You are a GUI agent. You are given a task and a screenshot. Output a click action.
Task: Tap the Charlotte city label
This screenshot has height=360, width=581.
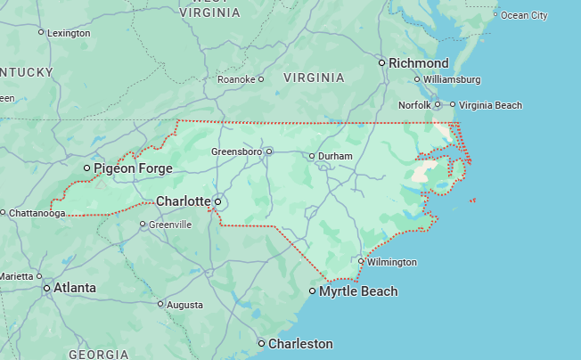[x=183, y=201]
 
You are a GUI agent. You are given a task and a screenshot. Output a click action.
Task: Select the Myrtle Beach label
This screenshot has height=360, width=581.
[x=358, y=291]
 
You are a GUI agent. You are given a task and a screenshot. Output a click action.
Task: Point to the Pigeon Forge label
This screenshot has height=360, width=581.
[x=134, y=168]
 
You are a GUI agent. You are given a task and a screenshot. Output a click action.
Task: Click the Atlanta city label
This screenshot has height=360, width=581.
[x=75, y=288]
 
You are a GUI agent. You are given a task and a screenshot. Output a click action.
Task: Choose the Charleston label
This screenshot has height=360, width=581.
[x=300, y=343]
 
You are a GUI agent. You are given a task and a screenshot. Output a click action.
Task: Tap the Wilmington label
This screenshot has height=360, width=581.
[x=391, y=262]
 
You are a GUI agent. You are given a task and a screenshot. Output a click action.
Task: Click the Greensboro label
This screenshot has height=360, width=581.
[x=236, y=151]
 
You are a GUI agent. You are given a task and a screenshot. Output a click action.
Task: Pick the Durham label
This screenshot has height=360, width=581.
[x=335, y=157]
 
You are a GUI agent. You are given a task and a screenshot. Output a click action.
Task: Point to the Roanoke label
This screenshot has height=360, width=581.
[x=237, y=79]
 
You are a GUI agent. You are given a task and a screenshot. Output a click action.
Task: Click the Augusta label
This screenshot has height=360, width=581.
[x=184, y=305]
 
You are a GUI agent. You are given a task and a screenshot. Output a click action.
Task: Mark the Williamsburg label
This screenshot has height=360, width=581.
[x=452, y=79]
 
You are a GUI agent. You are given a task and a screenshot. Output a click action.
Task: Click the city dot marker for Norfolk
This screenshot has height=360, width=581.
[x=437, y=105]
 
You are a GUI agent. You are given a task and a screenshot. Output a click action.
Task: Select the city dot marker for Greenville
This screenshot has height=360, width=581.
[x=143, y=225]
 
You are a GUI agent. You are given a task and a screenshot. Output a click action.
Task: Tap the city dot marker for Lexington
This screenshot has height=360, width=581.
[x=41, y=32]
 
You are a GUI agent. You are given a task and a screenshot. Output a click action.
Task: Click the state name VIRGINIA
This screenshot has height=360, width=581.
[x=314, y=78]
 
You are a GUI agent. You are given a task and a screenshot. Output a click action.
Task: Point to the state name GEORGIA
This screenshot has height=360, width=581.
[x=99, y=354]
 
